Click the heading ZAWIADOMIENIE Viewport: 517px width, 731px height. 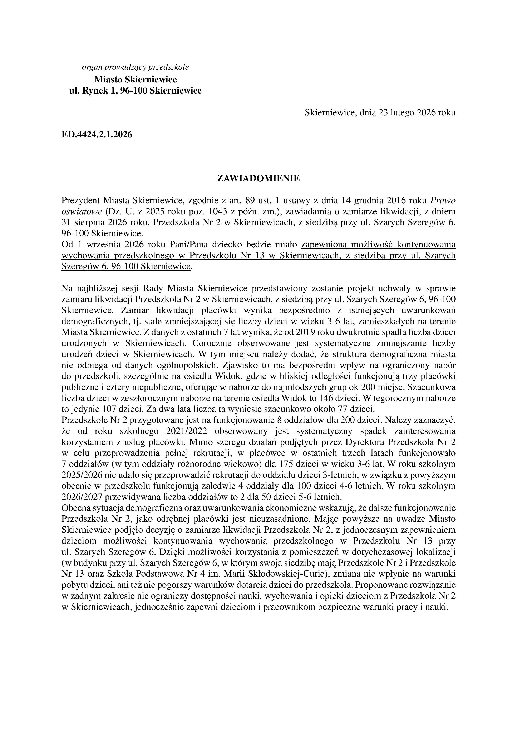[258, 178]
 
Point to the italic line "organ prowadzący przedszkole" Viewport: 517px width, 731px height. [135, 67]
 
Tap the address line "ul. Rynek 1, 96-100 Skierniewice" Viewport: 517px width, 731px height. [135, 91]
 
